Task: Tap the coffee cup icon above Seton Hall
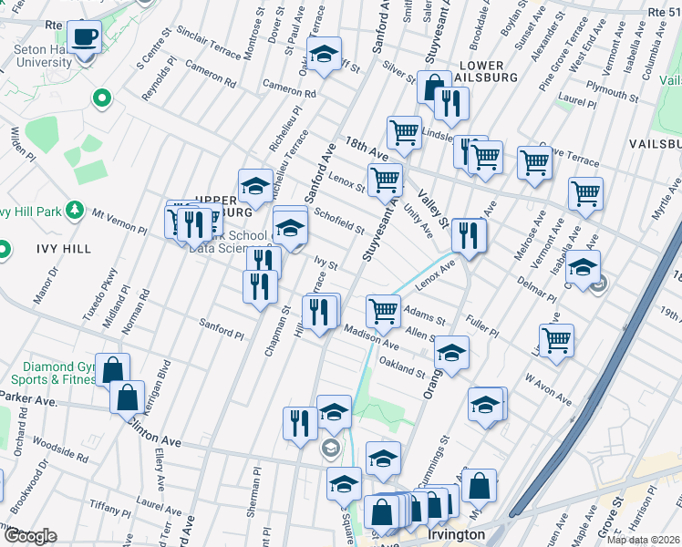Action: [x=86, y=36]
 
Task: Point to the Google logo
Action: [x=30, y=536]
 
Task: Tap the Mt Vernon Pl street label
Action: [x=118, y=221]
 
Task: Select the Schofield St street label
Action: [x=339, y=220]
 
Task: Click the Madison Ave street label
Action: [x=371, y=338]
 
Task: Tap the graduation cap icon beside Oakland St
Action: [x=451, y=352]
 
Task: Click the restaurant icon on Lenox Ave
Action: [x=468, y=235]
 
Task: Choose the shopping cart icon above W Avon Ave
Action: [x=556, y=340]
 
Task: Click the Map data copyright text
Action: [x=643, y=540]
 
